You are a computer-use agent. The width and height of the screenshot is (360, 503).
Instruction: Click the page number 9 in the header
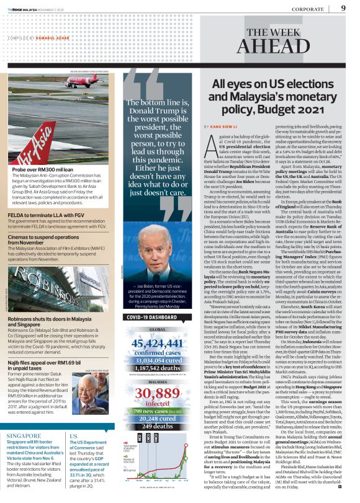(x=343, y=8)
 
